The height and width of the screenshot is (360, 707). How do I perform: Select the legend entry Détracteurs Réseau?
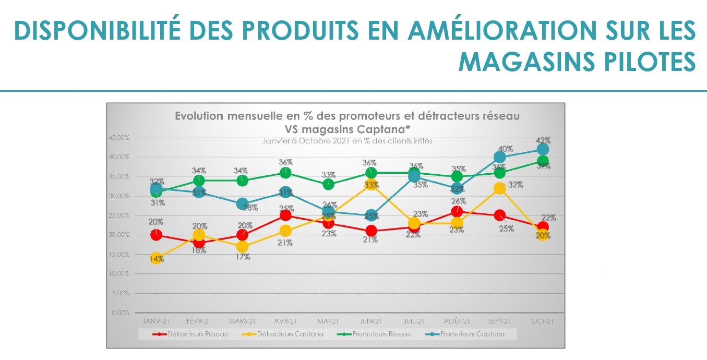coord(190,334)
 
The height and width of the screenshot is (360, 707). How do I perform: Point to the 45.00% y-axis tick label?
coord(119,138)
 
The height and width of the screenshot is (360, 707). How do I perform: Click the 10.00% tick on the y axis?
coord(119,273)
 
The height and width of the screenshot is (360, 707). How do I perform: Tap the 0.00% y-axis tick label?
coord(121,313)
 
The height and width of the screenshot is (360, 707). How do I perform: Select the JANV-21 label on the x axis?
coord(155,321)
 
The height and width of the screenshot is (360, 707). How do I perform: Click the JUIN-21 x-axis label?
coord(371,321)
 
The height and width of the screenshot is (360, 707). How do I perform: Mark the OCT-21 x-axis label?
coord(543,321)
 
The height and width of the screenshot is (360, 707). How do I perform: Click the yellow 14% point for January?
coord(156,258)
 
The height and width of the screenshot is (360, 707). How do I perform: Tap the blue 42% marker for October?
coord(543,150)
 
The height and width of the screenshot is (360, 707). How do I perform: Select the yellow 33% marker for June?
coord(371,185)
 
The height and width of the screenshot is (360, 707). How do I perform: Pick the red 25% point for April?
coord(285,215)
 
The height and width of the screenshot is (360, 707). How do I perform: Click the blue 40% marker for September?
coord(500,158)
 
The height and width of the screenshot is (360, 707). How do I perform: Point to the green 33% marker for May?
coord(328,184)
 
